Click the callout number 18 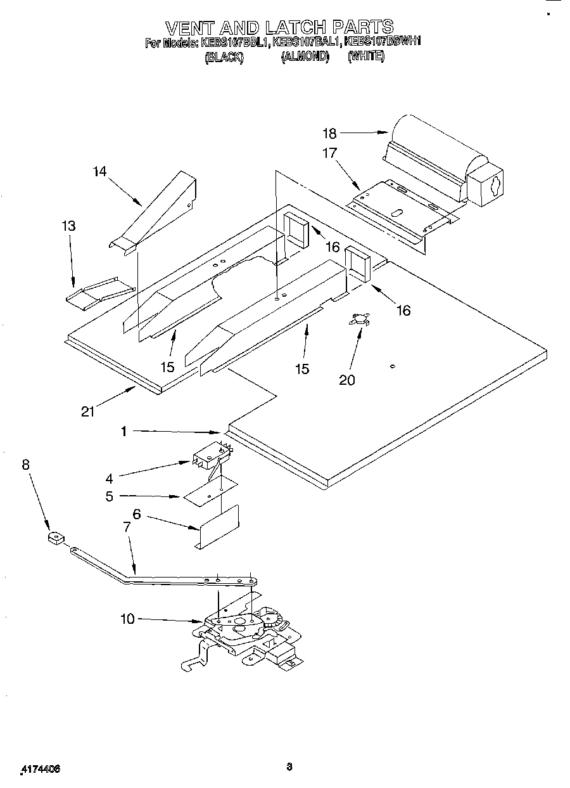329,133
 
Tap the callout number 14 100,172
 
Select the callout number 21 88,411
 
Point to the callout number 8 25,465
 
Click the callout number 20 346,380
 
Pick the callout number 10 127,619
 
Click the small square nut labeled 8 55,539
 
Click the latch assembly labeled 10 244,634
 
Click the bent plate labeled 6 218,526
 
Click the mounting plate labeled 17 399,209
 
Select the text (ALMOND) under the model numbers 305,56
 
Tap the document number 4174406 41,768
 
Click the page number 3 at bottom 289,766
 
